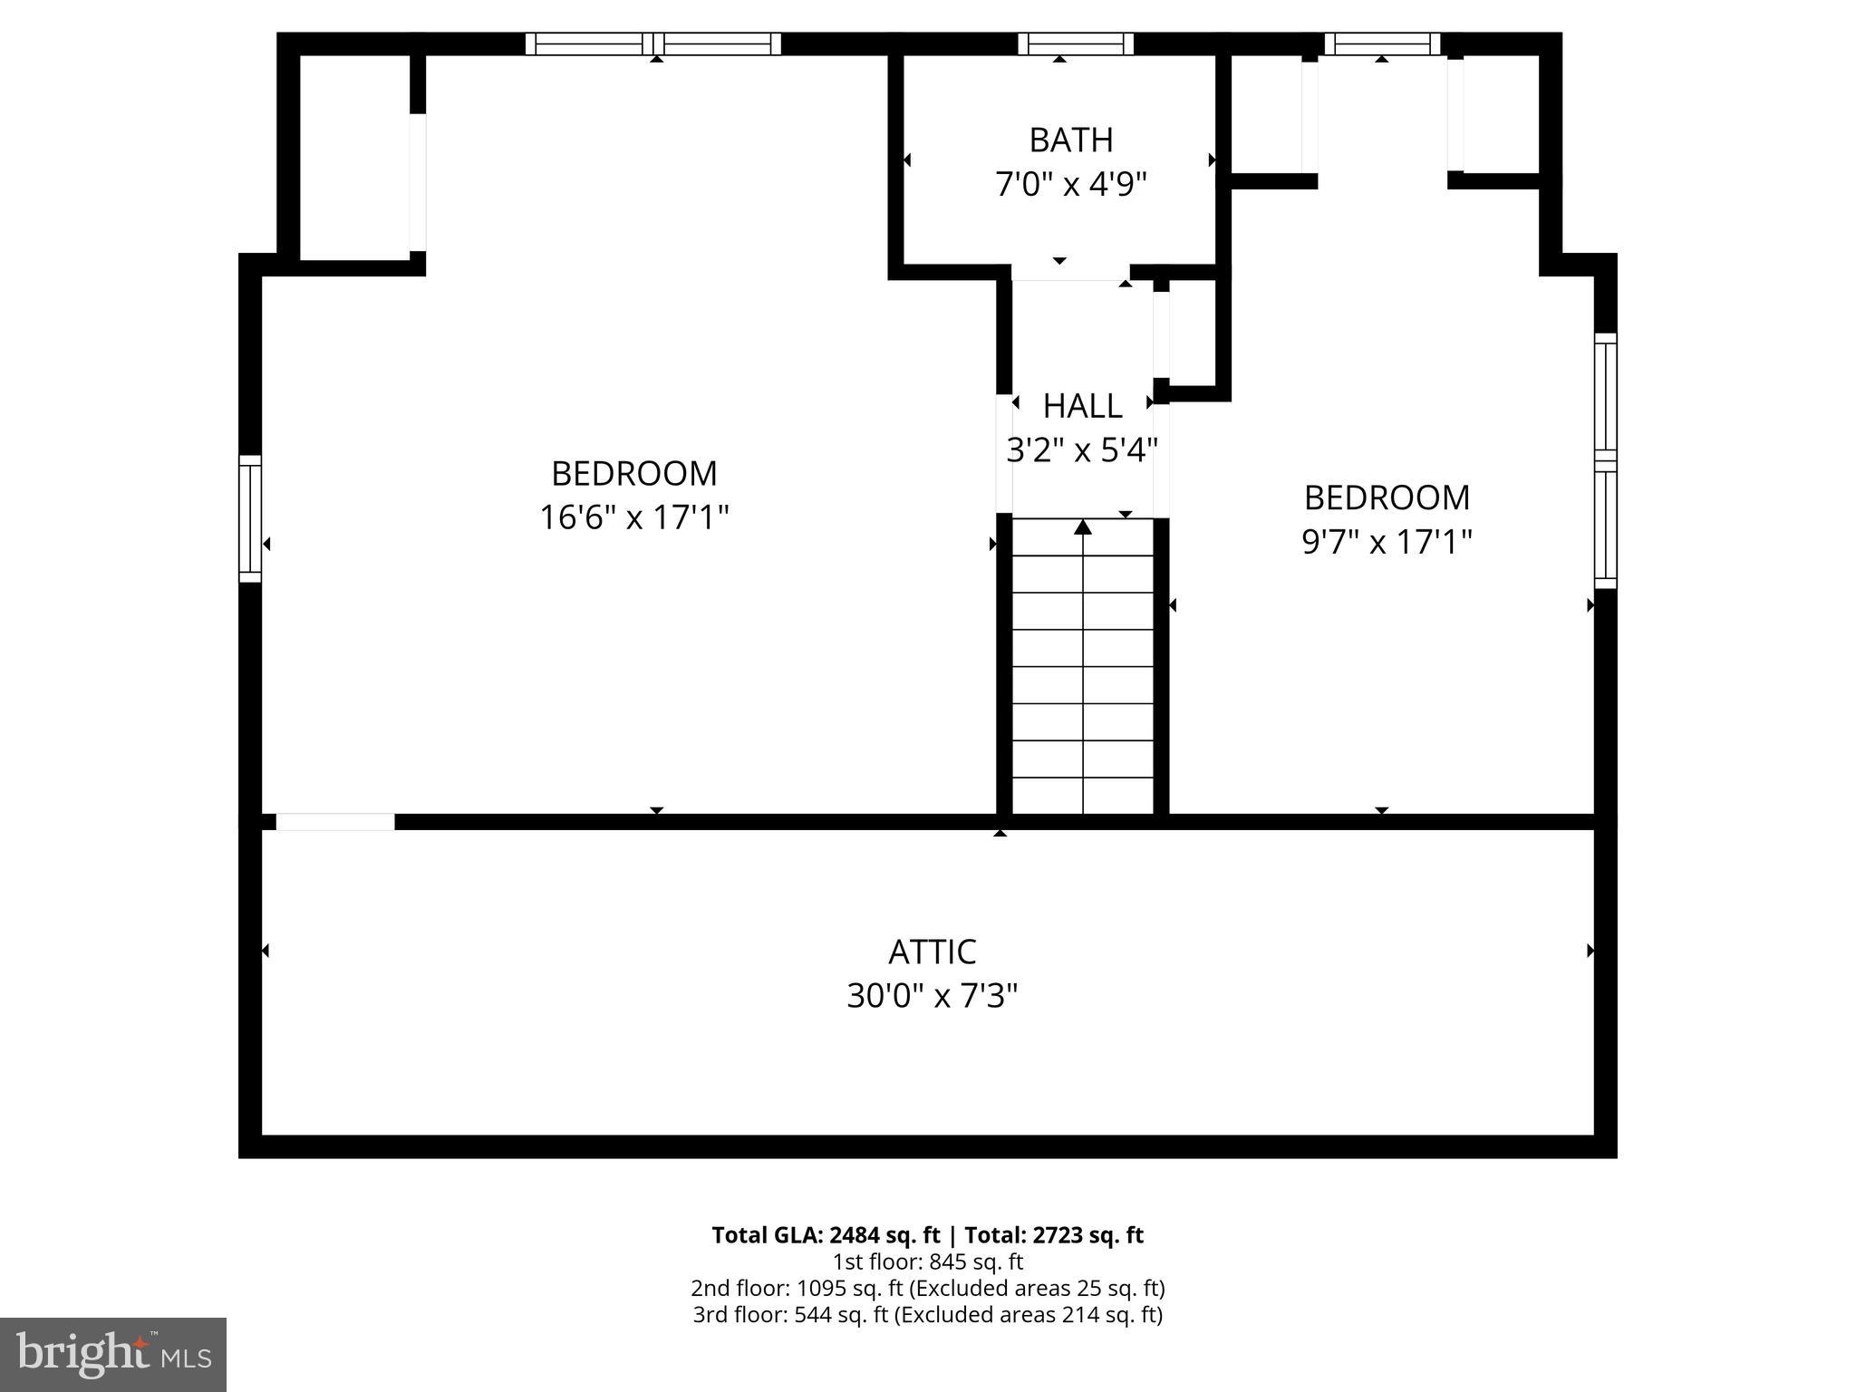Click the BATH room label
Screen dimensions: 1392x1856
pos(1070,140)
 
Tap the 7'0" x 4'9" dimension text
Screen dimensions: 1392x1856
pos(1070,185)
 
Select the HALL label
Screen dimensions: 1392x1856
pos(1082,406)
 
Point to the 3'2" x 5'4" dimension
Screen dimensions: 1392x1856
pos(1082,449)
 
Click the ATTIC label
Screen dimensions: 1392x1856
pos(932,952)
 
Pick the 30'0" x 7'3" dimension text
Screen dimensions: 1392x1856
pos(932,997)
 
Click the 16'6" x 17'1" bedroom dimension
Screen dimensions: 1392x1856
pos(633,518)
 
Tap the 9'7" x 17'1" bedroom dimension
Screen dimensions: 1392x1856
pos(1386,542)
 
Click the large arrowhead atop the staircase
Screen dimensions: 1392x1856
pos(1083,527)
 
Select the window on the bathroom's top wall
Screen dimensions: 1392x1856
pos(1075,43)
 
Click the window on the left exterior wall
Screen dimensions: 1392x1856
pos(250,518)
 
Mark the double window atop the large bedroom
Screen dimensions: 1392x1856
pos(652,43)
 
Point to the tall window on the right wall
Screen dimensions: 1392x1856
pos(1605,460)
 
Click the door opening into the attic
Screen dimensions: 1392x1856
pos(335,822)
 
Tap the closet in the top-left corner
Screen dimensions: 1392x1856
pos(355,159)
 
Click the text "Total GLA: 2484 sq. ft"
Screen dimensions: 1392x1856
pos(826,1235)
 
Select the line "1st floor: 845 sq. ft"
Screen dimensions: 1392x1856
pos(927,1261)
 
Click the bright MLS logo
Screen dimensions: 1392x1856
pos(112,1354)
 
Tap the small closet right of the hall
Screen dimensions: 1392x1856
pos(1192,333)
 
